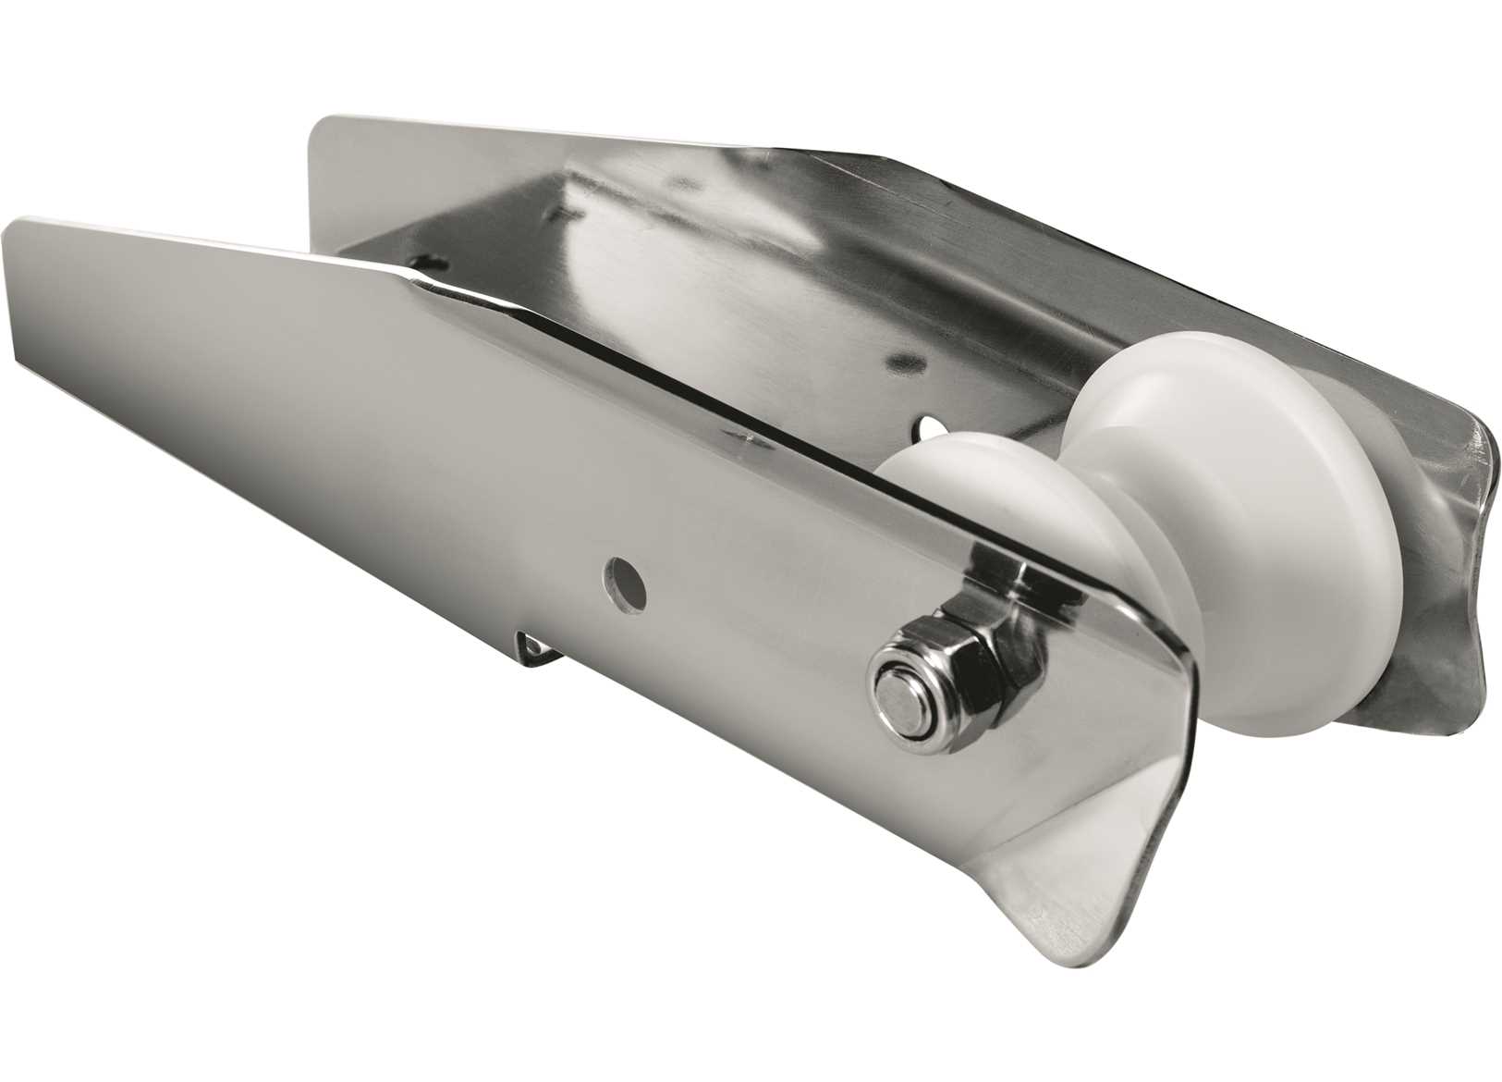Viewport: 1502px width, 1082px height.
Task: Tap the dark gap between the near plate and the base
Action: click(647, 351)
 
